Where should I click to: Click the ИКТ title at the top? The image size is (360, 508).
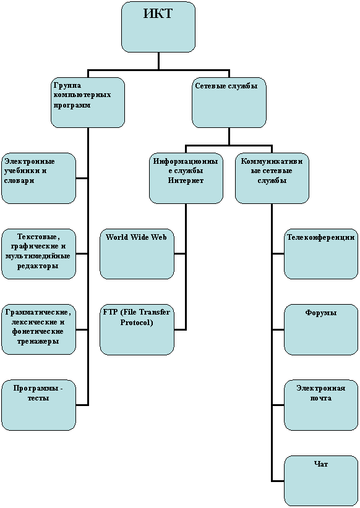[158, 14]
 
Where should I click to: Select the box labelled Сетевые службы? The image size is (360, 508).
[229, 103]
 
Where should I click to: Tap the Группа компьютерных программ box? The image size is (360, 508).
[88, 103]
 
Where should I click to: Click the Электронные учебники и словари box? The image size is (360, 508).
[39, 179]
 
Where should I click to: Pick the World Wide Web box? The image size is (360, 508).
[137, 254]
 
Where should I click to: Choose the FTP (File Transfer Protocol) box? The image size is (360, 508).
[137, 329]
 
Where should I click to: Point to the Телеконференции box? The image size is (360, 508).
[321, 254]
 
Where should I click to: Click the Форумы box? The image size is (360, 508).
[321, 329]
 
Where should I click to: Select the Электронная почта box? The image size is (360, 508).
[321, 405]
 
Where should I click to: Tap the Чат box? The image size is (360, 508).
[321, 481]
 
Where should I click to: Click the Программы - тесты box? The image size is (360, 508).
[39, 405]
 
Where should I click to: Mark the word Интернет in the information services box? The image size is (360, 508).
[186, 180]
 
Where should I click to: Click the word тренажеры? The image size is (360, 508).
[38, 342]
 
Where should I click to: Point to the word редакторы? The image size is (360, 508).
[38, 266]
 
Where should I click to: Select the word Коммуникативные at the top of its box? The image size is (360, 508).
[272, 161]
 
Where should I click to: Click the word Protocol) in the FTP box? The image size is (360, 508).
[137, 323]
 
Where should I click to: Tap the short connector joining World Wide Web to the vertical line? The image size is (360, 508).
[180, 254]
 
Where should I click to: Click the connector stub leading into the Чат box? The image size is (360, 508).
[278, 481]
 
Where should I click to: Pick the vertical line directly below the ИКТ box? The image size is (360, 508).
[158, 61]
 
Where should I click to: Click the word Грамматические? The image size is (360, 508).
[38, 312]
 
